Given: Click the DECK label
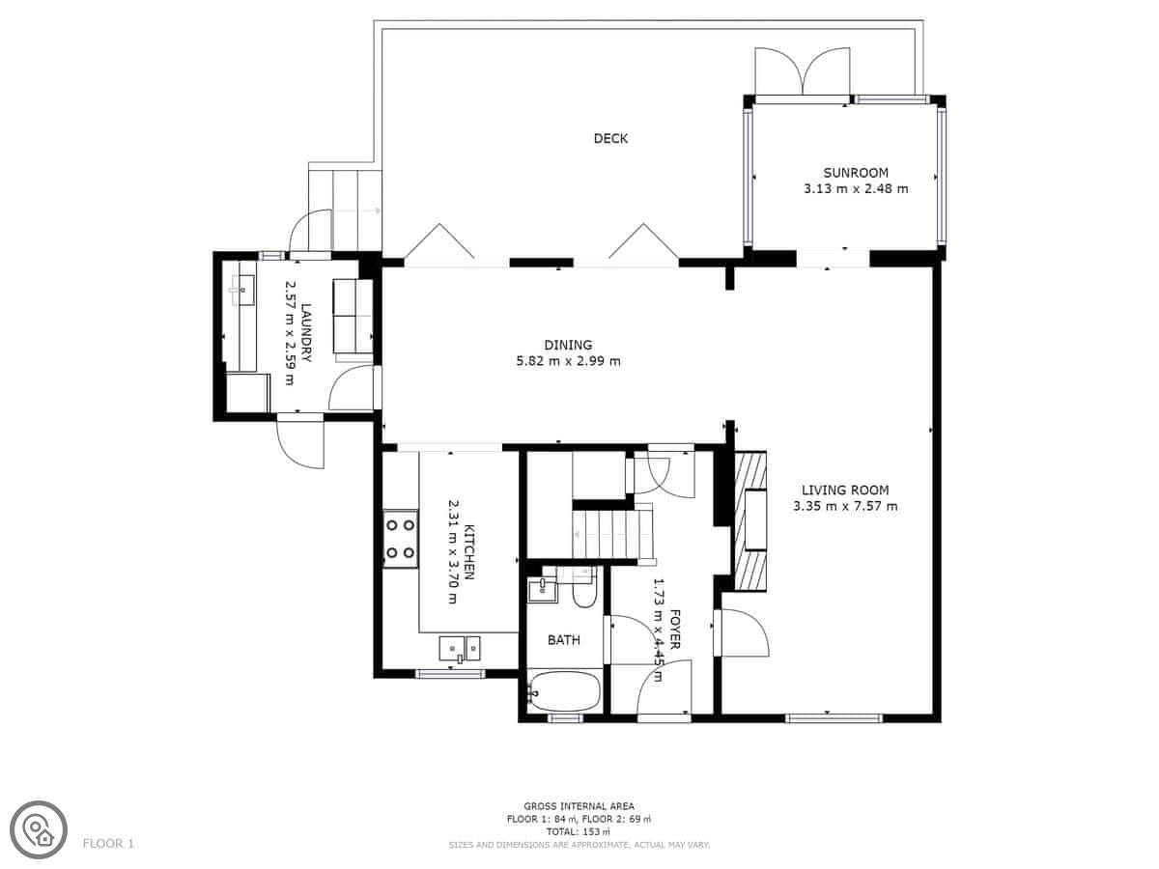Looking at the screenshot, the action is tap(610, 138).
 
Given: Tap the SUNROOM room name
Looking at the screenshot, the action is tap(856, 173).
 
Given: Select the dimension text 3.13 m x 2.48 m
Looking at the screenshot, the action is tap(856, 189).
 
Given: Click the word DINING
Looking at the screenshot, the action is tap(568, 345).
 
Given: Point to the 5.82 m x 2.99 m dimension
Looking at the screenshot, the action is tap(568, 361).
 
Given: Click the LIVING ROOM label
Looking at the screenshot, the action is tap(845, 491).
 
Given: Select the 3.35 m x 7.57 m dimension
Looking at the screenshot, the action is tap(845, 507).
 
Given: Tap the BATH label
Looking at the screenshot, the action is tap(564, 640).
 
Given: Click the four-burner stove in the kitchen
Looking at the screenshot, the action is tap(400, 539).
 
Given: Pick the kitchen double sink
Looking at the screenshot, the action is tap(460, 649).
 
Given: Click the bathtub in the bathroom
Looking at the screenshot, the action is tap(564, 691).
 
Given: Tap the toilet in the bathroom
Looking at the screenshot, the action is tap(584, 588).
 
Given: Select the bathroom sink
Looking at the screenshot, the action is tap(542, 589).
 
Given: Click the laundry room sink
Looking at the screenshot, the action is tap(242, 290).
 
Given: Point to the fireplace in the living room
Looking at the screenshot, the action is tap(750, 520).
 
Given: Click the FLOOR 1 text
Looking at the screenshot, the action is tap(108, 844).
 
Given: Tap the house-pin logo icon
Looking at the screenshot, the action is tap(39, 830).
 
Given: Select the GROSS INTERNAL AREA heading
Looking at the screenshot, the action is tap(579, 806).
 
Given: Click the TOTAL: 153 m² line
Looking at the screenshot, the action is tap(579, 832).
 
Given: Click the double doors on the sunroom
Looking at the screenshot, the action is tap(802, 71).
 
